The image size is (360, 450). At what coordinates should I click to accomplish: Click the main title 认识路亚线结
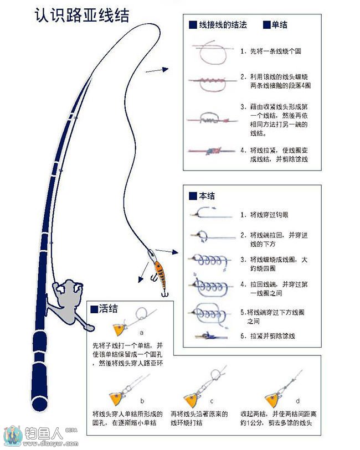pyautogui.click(x=82, y=14)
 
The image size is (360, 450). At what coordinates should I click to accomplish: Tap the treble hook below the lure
pyautogui.click(x=164, y=293)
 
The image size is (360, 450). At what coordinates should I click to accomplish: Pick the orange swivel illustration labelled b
pyautogui.click(x=117, y=397)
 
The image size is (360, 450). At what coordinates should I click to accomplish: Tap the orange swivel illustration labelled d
pyautogui.click(x=271, y=397)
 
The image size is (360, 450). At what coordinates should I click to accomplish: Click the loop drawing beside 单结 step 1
pyautogui.click(x=210, y=53)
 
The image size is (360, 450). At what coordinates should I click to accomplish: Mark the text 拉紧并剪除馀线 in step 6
pyautogui.click(x=272, y=336)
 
